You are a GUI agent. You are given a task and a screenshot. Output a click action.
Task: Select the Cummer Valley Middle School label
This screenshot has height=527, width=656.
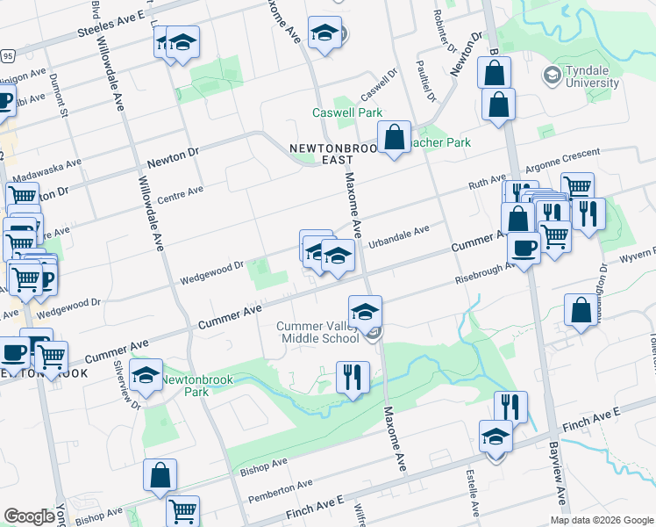pyautogui.click(x=317, y=332)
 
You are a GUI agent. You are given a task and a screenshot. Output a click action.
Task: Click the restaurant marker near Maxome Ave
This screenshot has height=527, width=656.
pyautogui.click(x=353, y=379)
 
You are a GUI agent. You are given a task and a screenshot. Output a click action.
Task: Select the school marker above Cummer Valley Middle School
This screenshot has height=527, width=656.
pyautogui.click(x=365, y=310)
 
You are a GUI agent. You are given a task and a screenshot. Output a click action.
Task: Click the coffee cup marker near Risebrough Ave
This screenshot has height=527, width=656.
pyautogui.click(x=524, y=249)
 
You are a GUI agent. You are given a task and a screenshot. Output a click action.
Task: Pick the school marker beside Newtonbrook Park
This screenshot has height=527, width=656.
pyautogui.click(x=146, y=375)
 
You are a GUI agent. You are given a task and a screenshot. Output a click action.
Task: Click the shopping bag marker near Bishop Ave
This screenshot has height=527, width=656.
pyautogui.click(x=161, y=475)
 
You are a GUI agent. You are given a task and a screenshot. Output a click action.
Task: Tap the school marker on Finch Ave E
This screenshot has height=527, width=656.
pyautogui.click(x=496, y=437)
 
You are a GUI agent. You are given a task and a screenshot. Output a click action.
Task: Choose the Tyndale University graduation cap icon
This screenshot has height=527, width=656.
pyautogui.click(x=553, y=75)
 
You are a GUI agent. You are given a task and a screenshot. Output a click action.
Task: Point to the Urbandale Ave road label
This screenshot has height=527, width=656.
pyautogui.click(x=398, y=235)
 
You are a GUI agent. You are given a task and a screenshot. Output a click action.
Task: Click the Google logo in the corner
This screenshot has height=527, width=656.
pyautogui.click(x=29, y=516)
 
